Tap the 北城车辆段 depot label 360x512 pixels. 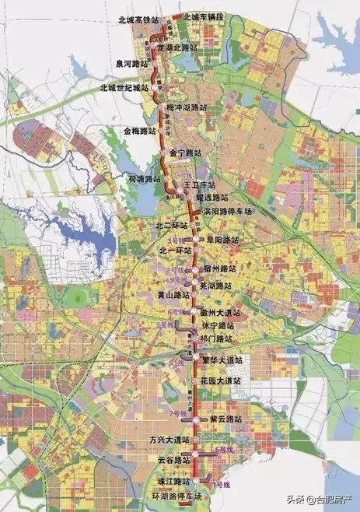[x=203, y=16]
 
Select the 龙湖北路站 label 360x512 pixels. [x=180, y=47]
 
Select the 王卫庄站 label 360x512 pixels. [x=197, y=188]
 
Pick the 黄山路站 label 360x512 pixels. [x=171, y=296]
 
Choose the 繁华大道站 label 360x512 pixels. [x=222, y=360]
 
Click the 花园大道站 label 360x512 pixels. [x=221, y=380]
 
